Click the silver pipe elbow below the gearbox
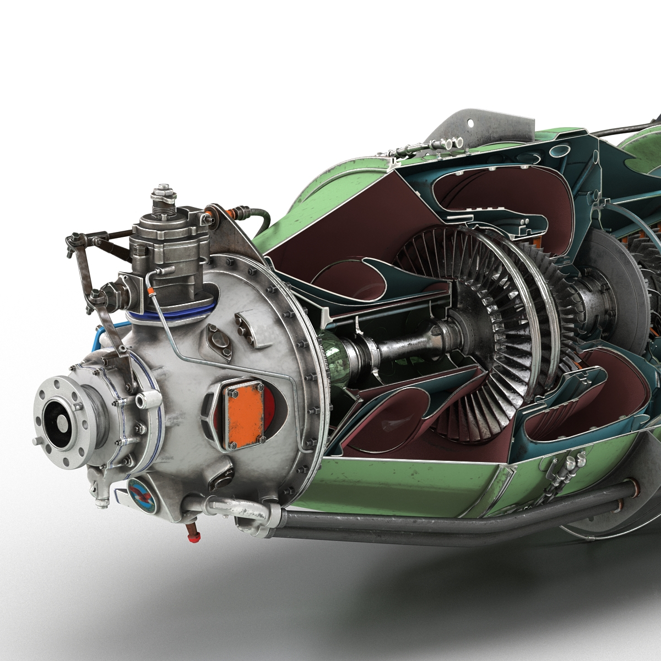[x=254, y=515]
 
